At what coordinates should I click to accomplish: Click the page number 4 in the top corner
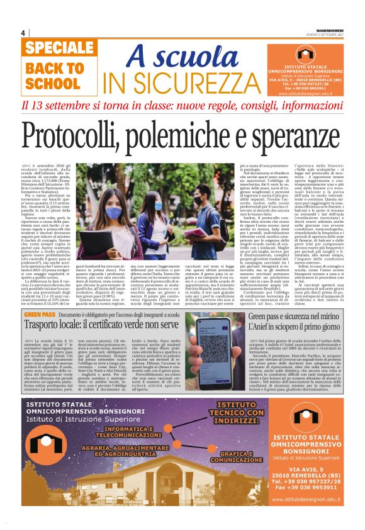point(23,33)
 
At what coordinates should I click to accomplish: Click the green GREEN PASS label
point(40,313)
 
